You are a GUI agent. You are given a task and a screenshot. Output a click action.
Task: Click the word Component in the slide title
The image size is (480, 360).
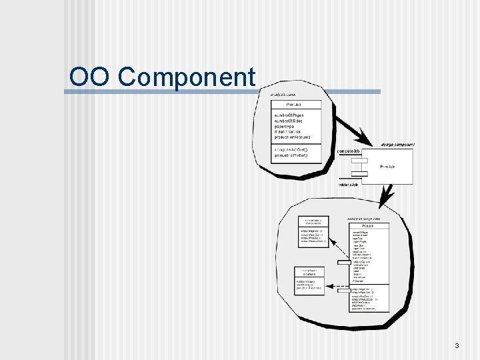click(187, 77)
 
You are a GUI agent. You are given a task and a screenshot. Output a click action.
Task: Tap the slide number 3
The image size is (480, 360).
click(457, 345)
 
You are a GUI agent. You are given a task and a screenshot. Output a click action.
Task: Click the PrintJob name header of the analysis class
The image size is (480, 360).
click(295, 105)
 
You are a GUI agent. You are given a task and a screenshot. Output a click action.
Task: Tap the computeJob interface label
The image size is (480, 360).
click(349, 151)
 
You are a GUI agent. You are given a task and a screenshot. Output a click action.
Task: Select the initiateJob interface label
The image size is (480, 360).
click(347, 184)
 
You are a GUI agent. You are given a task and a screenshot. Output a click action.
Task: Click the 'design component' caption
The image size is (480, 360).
click(397, 145)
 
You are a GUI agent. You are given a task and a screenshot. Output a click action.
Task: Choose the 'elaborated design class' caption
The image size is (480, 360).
click(364, 219)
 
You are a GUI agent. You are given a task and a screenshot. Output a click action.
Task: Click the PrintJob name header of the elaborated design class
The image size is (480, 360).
click(364, 226)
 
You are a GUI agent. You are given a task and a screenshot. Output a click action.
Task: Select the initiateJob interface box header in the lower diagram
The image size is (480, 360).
click(309, 271)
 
